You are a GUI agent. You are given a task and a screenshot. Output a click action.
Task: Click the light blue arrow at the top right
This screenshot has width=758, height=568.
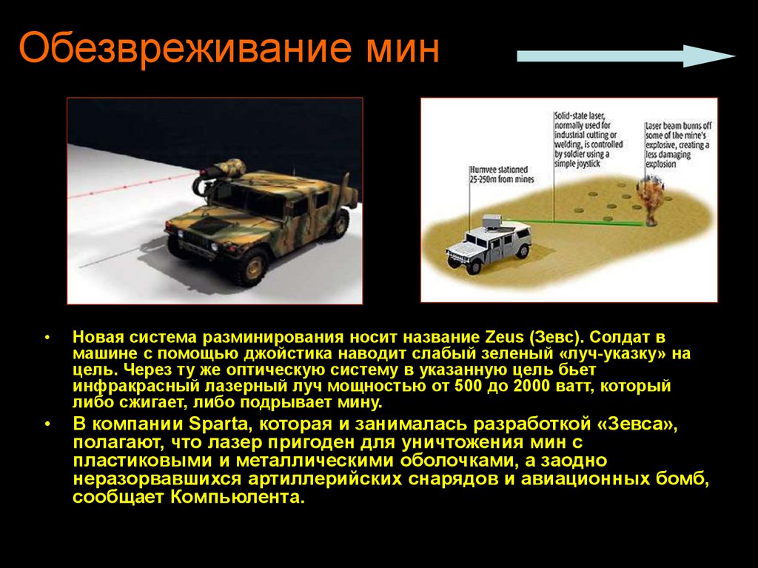coord(625,56)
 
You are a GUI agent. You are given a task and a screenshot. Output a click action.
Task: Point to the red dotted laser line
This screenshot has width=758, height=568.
coord(133,187)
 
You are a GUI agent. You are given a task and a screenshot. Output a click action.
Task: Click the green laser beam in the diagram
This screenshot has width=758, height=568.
coord(585,221)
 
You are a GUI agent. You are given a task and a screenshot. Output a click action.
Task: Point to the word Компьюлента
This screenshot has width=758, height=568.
coord(236,497)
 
